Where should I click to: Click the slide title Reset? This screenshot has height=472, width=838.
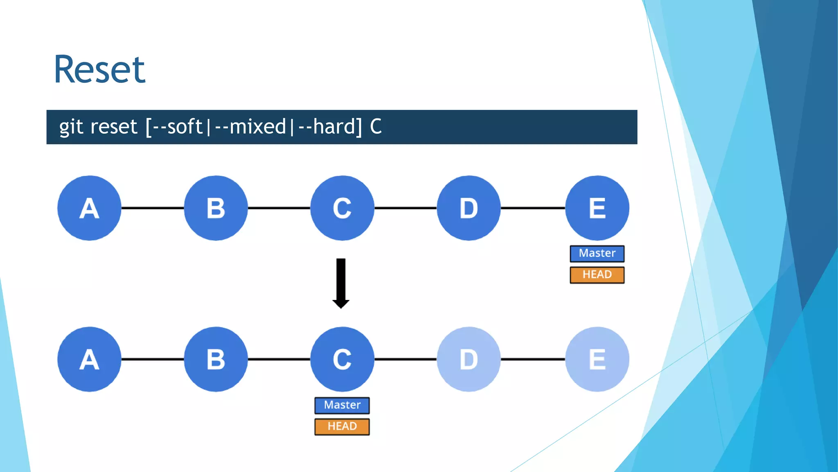tap(99, 70)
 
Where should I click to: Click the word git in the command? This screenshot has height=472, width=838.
tap(71, 127)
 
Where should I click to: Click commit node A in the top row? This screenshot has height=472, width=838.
tap(89, 208)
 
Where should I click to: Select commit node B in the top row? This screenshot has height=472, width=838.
tap(216, 208)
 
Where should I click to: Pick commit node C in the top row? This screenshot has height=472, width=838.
tap(342, 208)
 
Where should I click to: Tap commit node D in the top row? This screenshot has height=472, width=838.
tap(469, 208)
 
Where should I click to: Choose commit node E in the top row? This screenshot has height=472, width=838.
tap(597, 208)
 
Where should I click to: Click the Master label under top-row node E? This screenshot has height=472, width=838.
tap(597, 254)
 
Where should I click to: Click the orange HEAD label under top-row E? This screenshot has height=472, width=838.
tap(597, 275)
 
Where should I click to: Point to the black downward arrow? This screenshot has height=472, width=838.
tap(341, 283)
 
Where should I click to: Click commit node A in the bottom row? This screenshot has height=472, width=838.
tap(89, 359)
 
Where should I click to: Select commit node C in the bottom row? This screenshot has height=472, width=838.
tap(342, 359)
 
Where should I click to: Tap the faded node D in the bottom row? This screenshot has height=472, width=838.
tap(469, 359)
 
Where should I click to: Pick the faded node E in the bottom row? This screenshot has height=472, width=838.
tap(597, 359)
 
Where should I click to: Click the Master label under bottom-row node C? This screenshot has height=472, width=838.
tap(342, 405)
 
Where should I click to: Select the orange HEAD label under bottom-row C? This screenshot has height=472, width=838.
tap(342, 427)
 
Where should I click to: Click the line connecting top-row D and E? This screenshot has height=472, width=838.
tap(533, 208)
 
